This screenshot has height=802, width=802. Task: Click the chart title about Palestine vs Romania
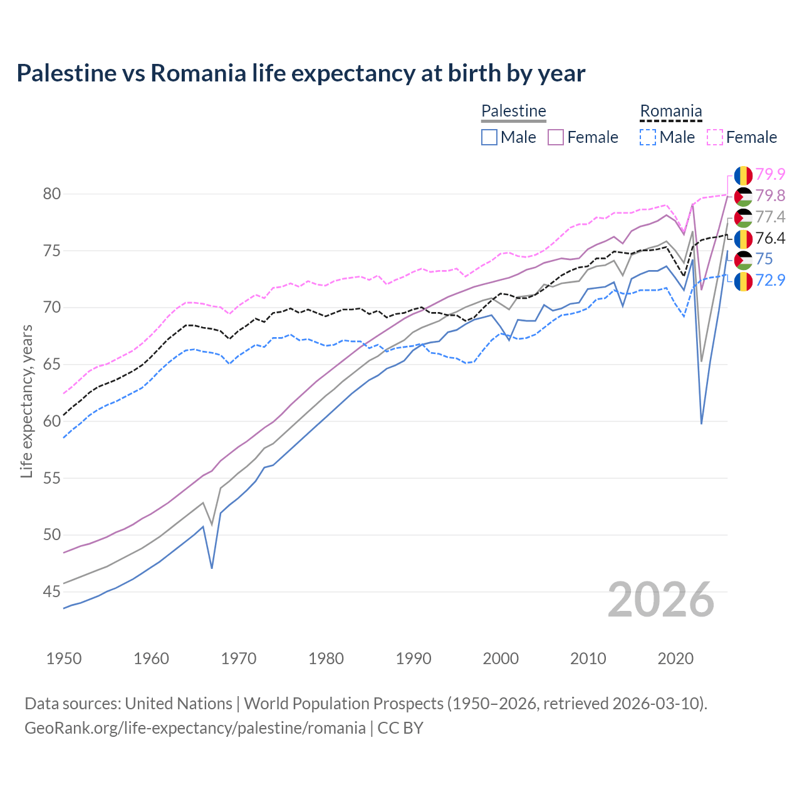(x=301, y=73)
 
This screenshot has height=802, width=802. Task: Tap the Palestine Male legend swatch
(x=489, y=137)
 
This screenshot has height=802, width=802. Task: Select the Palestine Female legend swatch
(x=556, y=137)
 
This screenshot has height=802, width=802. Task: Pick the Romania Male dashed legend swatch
(x=648, y=137)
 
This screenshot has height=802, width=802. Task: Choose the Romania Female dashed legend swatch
(x=715, y=137)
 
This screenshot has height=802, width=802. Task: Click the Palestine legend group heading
(x=514, y=111)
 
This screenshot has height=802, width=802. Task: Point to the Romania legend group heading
(x=670, y=111)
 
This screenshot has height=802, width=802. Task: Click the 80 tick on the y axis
(x=52, y=194)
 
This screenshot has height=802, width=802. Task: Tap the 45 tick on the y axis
(x=52, y=591)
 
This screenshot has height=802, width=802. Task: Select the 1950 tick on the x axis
(x=64, y=659)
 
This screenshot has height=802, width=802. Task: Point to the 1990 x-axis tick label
(x=414, y=659)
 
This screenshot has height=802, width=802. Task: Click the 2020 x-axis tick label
(x=675, y=659)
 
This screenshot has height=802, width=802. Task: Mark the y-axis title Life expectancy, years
(x=26, y=401)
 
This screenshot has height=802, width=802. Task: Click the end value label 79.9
(x=770, y=175)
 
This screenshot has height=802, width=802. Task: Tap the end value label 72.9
(x=770, y=280)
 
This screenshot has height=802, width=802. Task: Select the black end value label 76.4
(x=770, y=238)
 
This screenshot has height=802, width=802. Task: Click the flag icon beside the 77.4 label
(x=743, y=217)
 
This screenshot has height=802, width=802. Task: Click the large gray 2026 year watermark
(x=661, y=600)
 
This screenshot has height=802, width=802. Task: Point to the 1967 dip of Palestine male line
(x=212, y=568)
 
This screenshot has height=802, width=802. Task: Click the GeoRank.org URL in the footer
(x=195, y=728)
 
